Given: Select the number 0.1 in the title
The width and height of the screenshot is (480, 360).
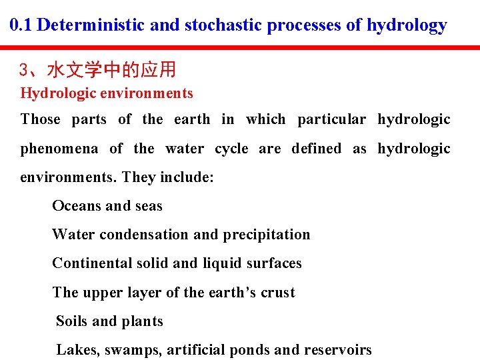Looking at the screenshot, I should point(22,25).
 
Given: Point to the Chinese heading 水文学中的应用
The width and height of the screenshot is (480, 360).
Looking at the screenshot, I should point(111,70).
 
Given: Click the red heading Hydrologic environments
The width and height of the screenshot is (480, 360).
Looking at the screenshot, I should point(107,93).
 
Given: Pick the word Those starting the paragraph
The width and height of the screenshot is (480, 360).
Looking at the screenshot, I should point(40,119).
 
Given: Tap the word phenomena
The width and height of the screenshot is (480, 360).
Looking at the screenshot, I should point(59,149).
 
